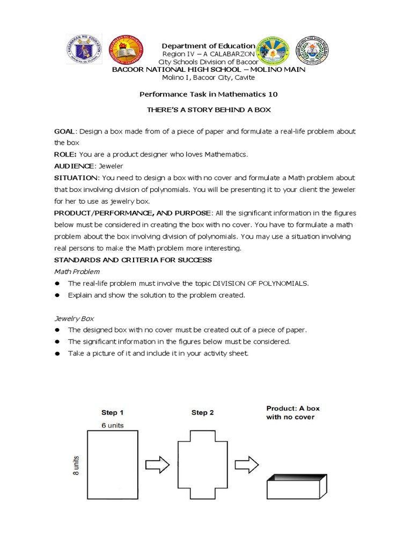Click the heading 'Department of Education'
[209, 46]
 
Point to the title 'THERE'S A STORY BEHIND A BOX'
[208, 109]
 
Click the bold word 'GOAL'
[65, 131]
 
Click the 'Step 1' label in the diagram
[113, 413]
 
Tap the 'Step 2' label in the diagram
[203, 413]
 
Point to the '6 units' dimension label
[113, 425]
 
